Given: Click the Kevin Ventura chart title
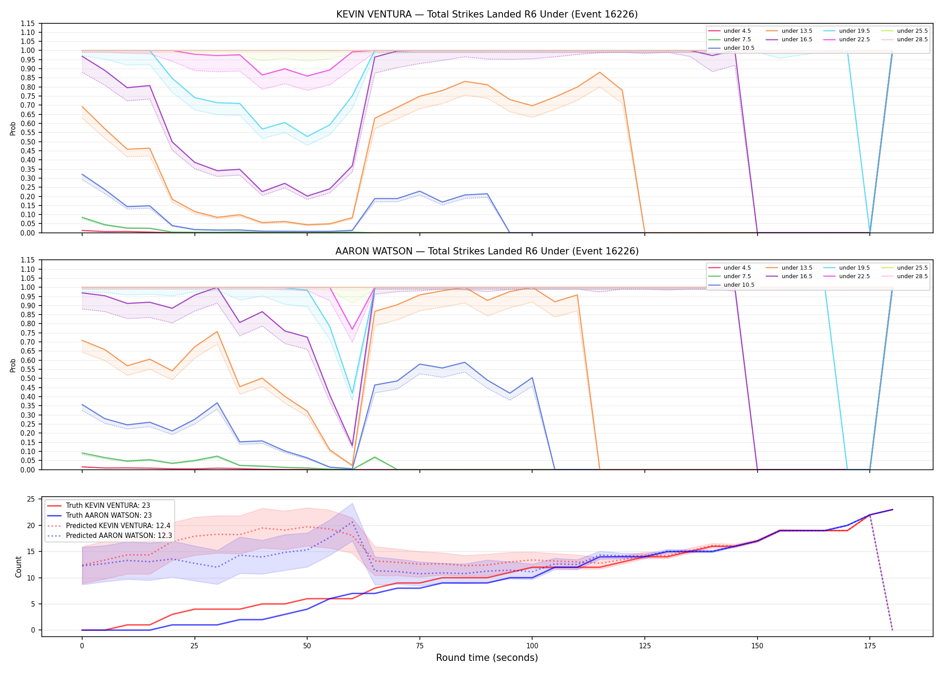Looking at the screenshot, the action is point(487,14).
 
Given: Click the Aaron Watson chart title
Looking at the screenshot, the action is point(487,251).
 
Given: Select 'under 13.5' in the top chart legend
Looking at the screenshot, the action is point(797,31).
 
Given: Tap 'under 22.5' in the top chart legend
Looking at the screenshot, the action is point(855,39).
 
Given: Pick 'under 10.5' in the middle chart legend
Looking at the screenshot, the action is point(739,285).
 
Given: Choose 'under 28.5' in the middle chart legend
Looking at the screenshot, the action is point(912,276).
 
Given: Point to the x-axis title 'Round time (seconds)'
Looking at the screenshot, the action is point(487,658).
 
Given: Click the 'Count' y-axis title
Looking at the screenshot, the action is point(18,567).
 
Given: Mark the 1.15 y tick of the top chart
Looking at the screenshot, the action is point(28,23).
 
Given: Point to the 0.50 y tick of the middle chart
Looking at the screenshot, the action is point(28,379).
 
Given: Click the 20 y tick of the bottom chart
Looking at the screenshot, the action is point(31,525).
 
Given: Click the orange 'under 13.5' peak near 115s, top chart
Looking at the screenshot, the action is point(599,72).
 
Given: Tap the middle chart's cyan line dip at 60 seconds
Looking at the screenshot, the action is point(352,393).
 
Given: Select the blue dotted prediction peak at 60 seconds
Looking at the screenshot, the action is point(352,522).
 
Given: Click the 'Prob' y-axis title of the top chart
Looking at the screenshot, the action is point(13,128).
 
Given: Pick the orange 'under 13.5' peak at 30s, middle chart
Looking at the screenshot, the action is point(217,332).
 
